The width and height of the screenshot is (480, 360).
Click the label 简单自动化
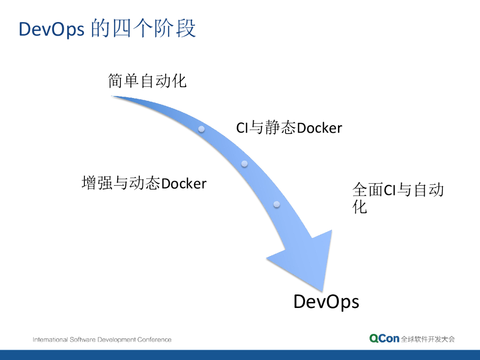pos(147,81)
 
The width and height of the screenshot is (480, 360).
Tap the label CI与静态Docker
pos(289,127)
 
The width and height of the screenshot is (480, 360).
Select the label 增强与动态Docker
pos(144,183)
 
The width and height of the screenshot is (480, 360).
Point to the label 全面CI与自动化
pos(397,198)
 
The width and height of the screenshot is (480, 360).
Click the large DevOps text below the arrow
pos(326,301)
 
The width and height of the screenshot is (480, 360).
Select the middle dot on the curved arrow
pos(244,164)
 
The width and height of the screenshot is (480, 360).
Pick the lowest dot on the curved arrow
pos(277,204)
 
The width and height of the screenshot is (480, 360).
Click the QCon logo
pos(384,338)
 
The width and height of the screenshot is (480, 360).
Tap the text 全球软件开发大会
pos(428,339)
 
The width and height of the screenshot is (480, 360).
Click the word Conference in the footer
pos(154,339)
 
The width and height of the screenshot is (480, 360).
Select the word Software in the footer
pos(82,339)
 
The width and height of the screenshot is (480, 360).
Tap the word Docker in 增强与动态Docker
pos(184,183)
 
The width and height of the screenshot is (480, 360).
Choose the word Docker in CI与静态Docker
pos(320,127)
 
